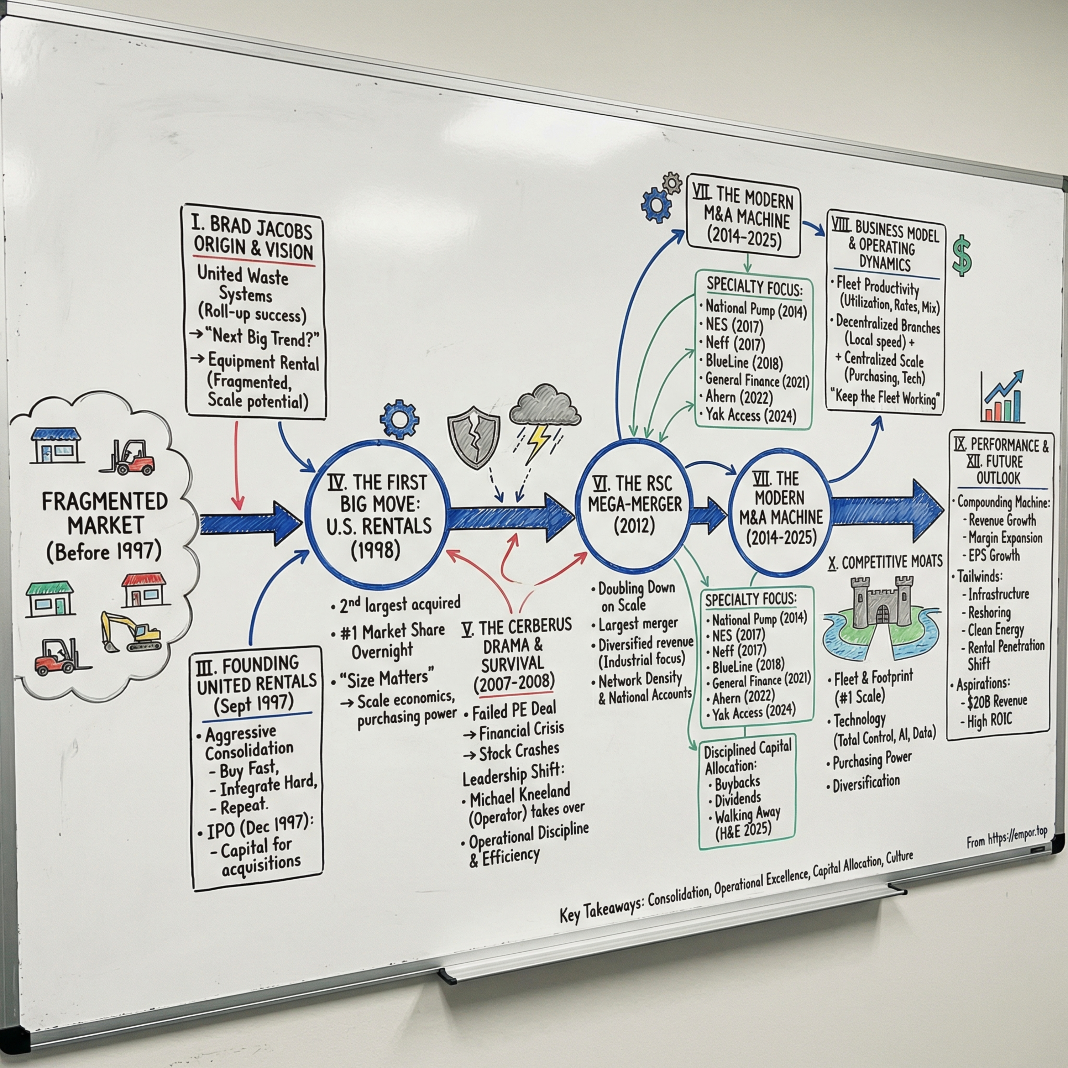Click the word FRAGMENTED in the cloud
(105, 501)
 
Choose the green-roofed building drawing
(50, 599)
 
